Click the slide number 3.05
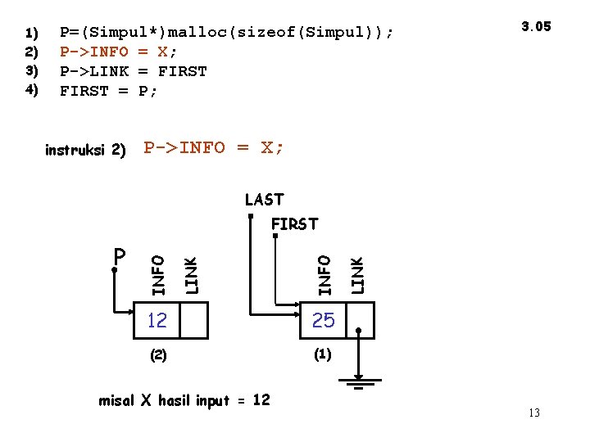[537, 26]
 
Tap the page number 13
[533, 413]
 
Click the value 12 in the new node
[157, 321]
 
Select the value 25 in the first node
[324, 321]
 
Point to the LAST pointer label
[264, 200]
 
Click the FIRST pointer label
[294, 223]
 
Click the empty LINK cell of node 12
[194, 321]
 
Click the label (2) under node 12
[157, 356]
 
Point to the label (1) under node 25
[322, 355]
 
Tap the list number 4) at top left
[32, 90]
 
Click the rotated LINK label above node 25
[358, 274]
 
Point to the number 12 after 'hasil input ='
[261, 399]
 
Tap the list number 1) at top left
[32, 34]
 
